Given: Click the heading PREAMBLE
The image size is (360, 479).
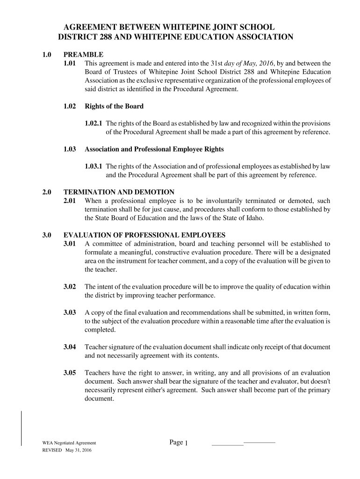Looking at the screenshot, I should coord(83,55).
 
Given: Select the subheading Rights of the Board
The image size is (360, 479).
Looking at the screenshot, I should coord(114,106).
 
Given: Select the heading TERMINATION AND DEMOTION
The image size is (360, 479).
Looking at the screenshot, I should coord(119,192).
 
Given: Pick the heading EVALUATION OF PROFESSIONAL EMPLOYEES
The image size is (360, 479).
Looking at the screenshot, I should coord(144,235).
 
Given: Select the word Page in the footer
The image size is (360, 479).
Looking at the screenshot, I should coord(176,442).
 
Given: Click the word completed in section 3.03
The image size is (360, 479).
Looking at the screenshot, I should coord(99,330).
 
